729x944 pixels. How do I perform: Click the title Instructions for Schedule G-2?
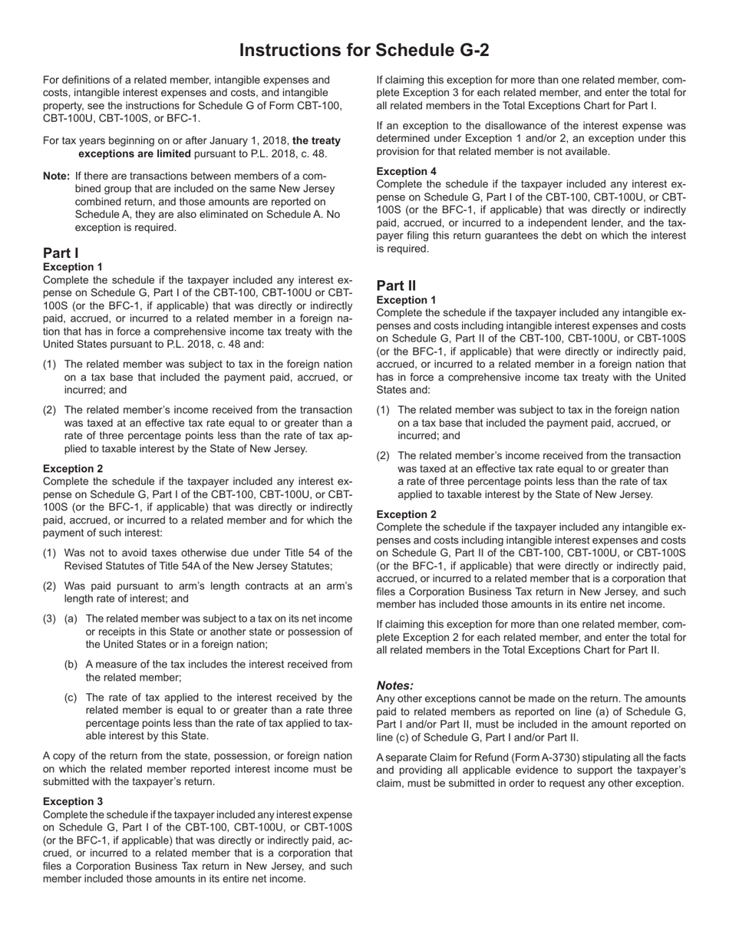click(364, 51)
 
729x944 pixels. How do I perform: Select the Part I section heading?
click(61, 253)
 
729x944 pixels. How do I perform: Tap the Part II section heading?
click(396, 286)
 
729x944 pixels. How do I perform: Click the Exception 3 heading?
click(73, 801)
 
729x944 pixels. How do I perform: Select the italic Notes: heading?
click(395, 685)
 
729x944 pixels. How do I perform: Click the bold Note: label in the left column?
click(57, 176)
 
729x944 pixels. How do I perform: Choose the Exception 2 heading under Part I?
click(73, 468)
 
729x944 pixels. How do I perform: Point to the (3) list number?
click(49, 619)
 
